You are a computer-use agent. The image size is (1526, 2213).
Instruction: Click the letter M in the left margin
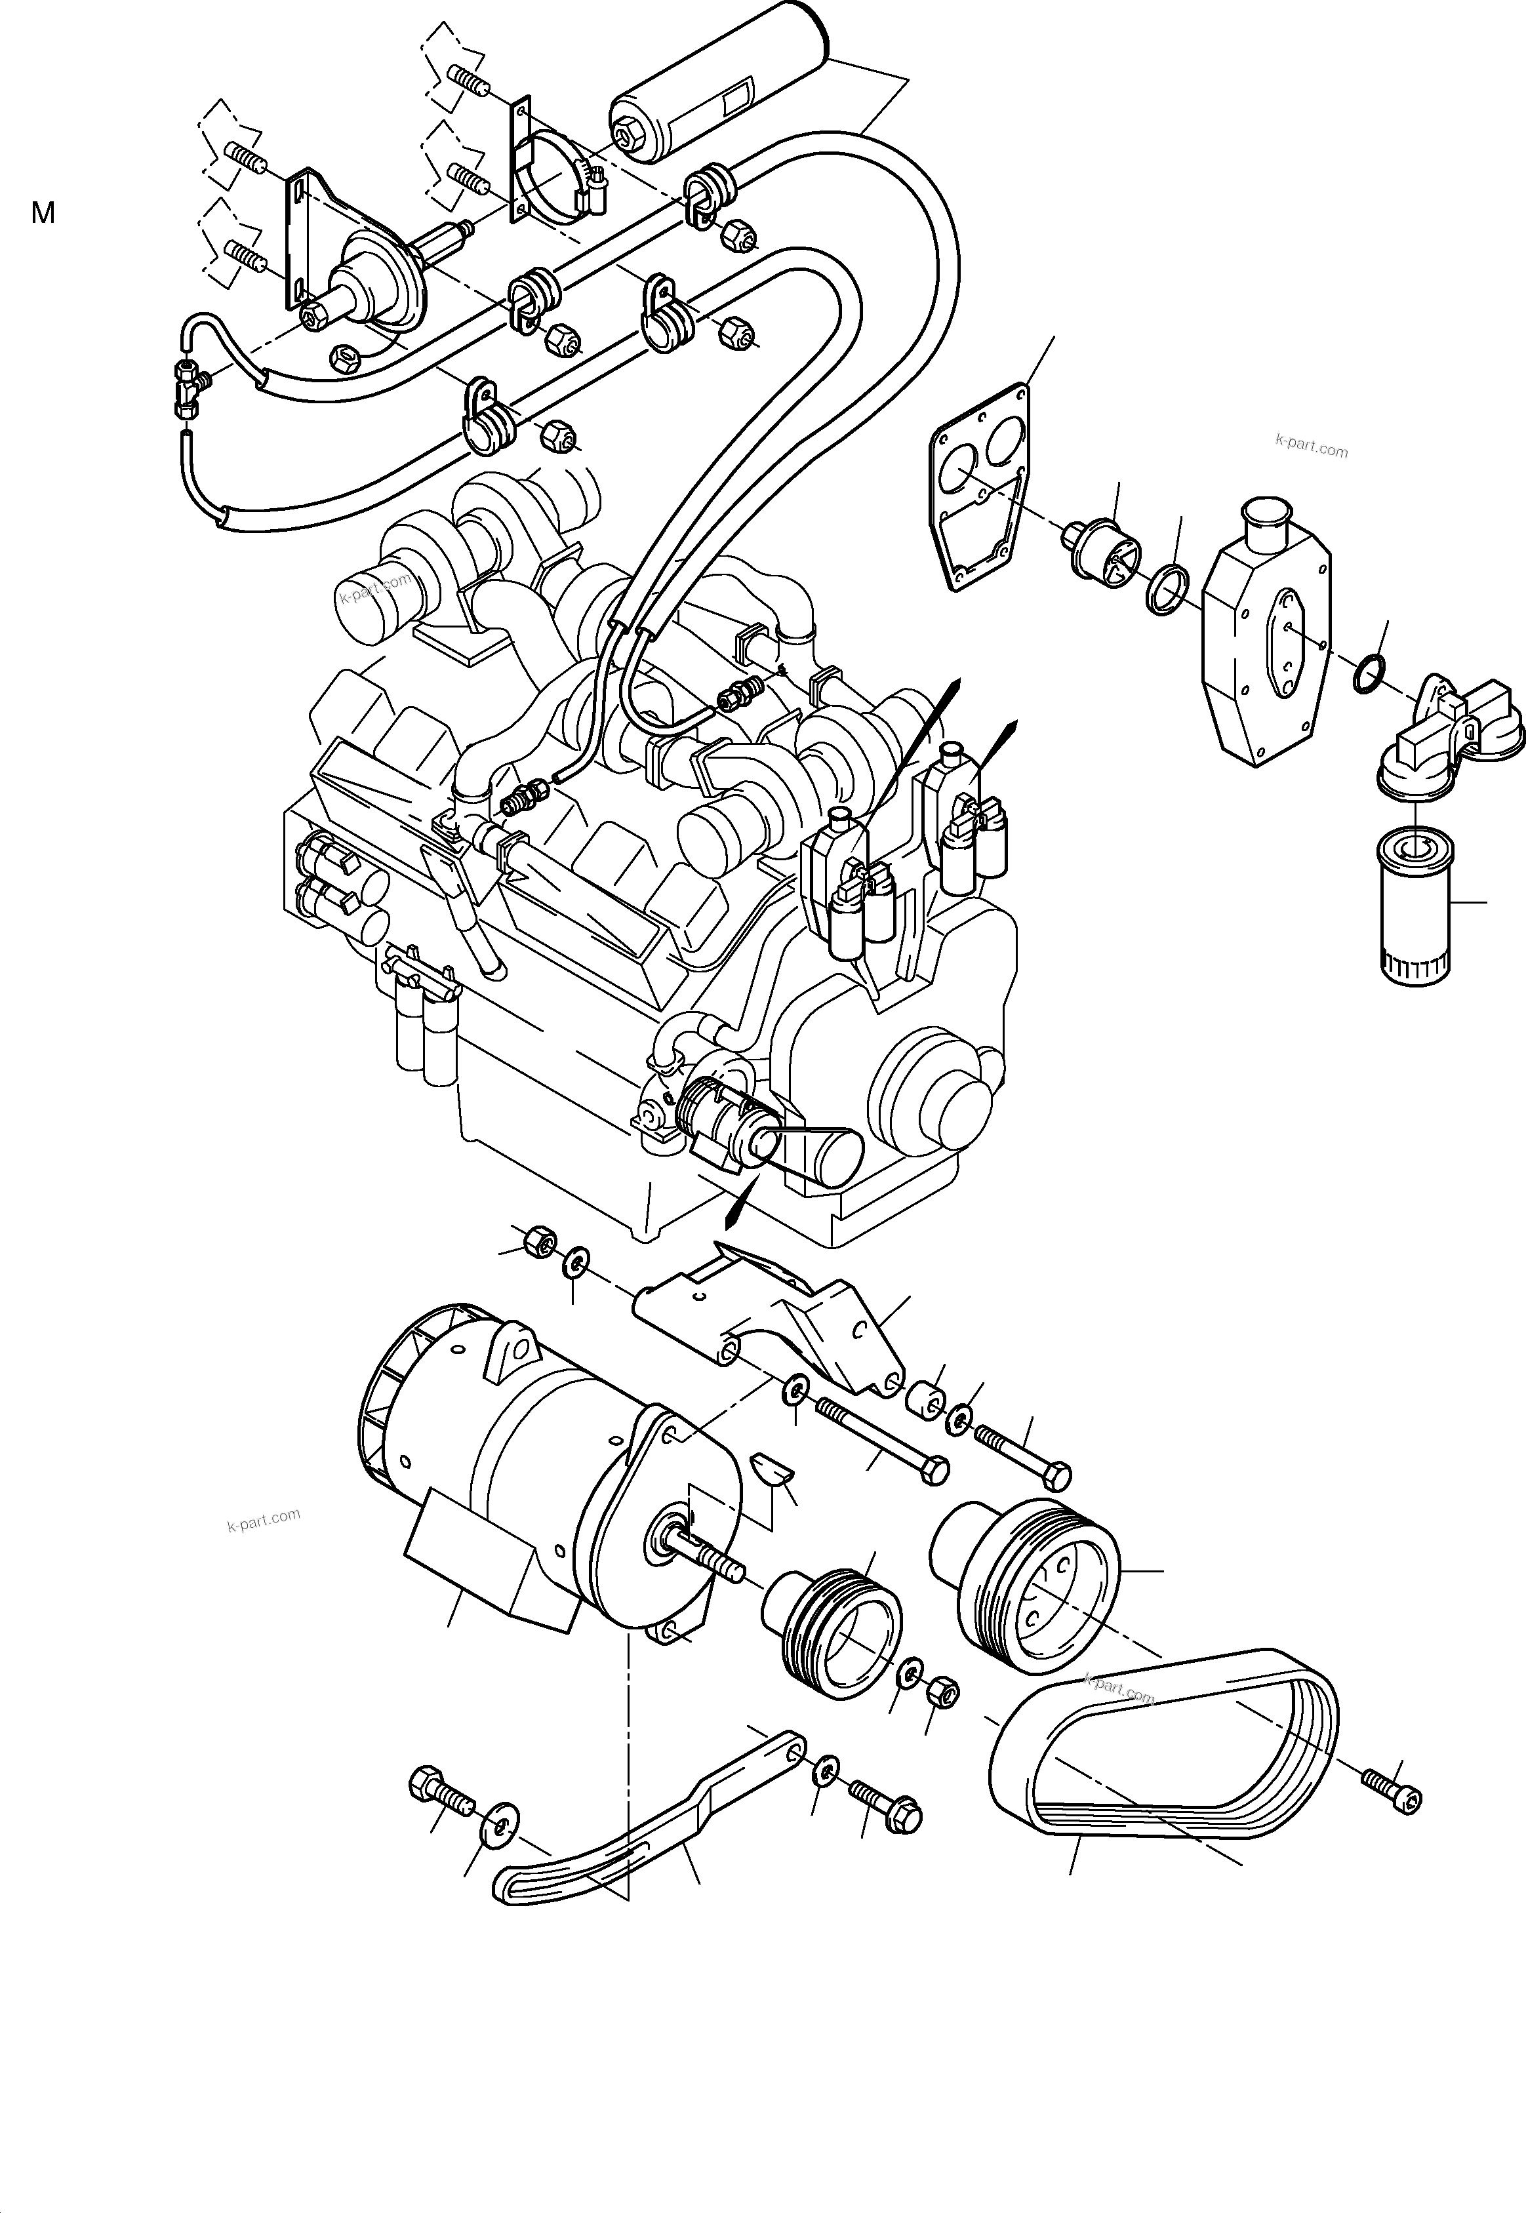pos(43,213)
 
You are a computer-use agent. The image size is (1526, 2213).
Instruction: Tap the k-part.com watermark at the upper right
pos(1311,447)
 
